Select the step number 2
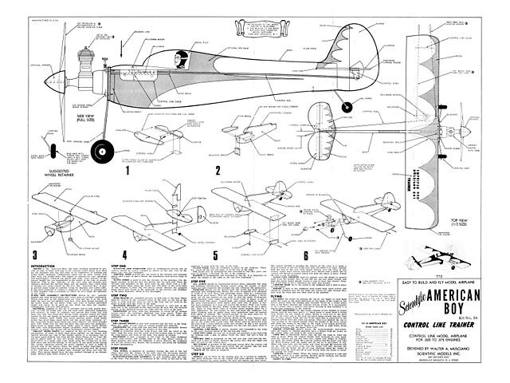(x=217, y=169)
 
